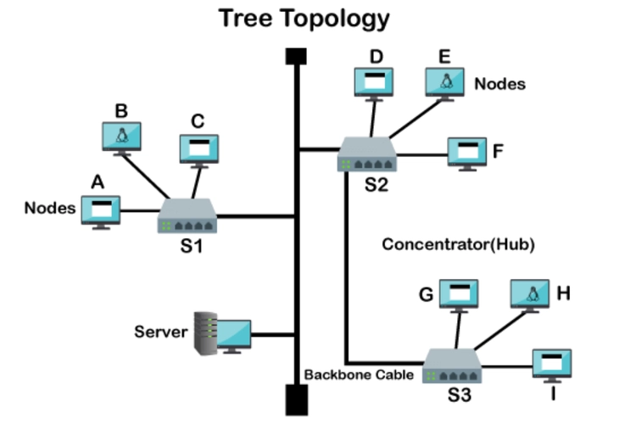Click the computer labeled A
point(101,212)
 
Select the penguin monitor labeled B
point(121,138)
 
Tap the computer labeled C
point(199,151)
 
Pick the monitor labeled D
point(374,84)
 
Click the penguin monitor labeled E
point(445,84)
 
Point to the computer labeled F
point(467,154)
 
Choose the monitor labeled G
point(459,296)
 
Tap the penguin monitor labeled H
point(530,296)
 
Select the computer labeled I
point(552,365)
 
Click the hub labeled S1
point(187,216)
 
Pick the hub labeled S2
point(366,154)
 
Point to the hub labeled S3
point(452,365)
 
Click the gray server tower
point(206,333)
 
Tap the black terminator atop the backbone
point(296,57)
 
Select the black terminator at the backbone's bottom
point(297,399)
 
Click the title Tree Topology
point(304,19)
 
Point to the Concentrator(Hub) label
point(458,244)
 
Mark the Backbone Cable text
point(359,375)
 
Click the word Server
point(161,332)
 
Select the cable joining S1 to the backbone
point(255,216)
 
